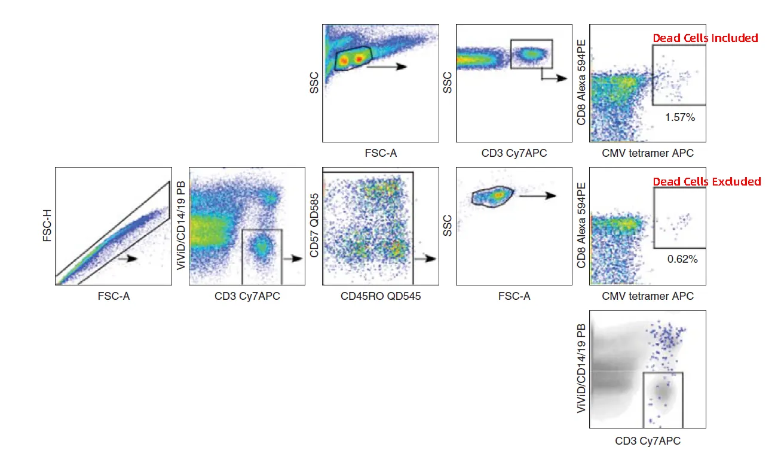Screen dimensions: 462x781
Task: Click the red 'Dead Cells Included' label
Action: (705, 38)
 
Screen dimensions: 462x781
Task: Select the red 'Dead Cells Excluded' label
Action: (706, 181)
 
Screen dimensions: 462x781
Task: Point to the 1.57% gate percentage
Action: (680, 118)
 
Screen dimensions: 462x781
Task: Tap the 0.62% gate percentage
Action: (682, 259)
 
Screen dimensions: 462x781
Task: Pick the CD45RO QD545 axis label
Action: (380, 296)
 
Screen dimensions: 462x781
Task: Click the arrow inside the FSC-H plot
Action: (128, 259)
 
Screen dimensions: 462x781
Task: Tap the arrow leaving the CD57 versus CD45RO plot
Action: (425, 259)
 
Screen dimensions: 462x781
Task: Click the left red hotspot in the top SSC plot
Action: (344, 59)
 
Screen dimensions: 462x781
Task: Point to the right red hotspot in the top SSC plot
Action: (359, 59)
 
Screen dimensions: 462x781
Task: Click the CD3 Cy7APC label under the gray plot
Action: (648, 442)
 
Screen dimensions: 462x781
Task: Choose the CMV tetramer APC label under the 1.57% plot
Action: (648, 153)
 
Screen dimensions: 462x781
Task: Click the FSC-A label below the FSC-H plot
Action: (113, 296)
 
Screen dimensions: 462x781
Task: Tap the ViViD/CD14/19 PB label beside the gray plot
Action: (581, 369)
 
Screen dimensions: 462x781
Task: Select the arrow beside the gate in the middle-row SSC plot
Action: (538, 196)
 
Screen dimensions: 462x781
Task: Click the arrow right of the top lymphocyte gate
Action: (387, 67)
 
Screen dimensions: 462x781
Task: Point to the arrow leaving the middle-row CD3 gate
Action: (292, 259)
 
